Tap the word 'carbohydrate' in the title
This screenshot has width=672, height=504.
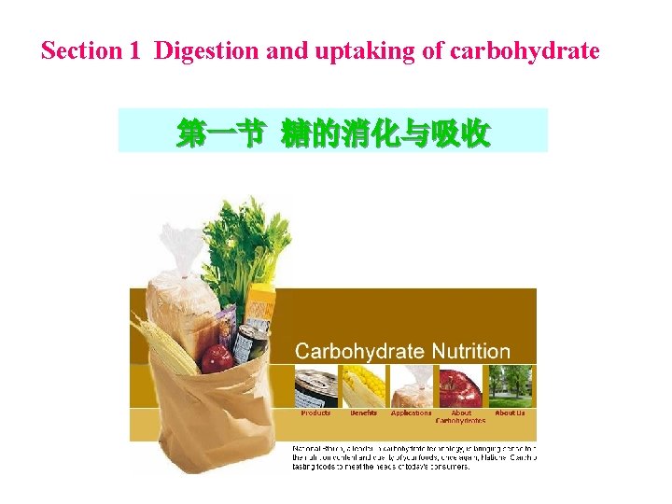(525, 51)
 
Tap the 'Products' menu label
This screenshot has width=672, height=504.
(315, 413)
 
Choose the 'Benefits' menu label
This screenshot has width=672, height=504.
(363, 413)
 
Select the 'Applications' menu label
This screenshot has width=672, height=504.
(412, 413)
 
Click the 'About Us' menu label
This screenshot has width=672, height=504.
(510, 413)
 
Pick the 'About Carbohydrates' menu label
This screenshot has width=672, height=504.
(462, 416)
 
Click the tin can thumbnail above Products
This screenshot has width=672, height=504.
(315, 387)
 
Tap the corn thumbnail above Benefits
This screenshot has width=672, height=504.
(363, 386)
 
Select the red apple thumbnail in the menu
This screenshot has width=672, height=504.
(461, 386)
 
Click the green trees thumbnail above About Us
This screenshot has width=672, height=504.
(510, 386)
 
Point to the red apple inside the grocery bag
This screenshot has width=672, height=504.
(216, 357)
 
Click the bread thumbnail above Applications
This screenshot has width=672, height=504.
(412, 386)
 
